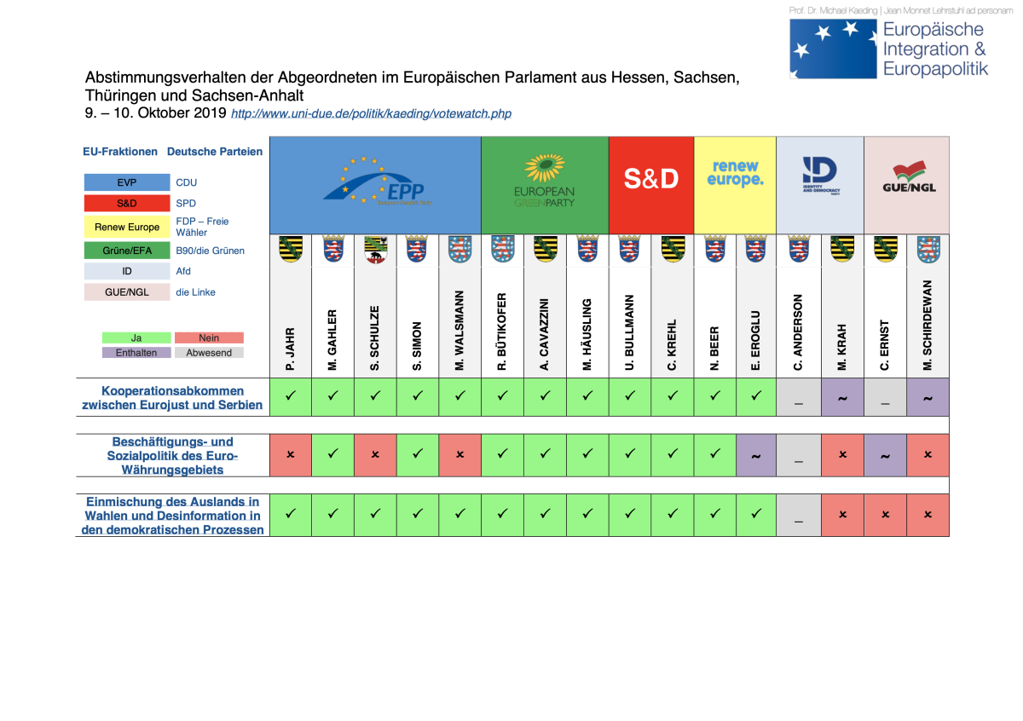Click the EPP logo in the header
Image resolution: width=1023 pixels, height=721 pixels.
tap(375, 184)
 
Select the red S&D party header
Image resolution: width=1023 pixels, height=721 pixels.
tap(651, 180)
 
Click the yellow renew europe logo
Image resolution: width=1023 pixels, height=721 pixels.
tap(735, 173)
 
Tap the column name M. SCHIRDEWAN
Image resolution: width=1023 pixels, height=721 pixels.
tap(928, 325)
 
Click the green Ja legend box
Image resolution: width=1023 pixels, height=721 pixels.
tap(136, 338)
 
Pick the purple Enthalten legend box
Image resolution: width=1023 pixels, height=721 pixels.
tap(136, 352)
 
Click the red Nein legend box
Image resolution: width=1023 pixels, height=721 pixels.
tap(209, 338)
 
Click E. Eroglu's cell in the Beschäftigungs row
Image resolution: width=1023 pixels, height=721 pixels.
tap(754, 456)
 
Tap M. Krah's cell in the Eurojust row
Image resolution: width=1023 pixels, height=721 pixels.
tap(842, 397)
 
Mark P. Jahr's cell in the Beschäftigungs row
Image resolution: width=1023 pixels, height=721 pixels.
tap(291, 456)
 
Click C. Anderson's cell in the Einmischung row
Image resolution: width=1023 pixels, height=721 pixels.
tap(798, 516)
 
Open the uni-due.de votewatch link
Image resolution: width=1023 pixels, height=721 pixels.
tap(371, 113)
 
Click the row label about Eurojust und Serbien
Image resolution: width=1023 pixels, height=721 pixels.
tap(172, 398)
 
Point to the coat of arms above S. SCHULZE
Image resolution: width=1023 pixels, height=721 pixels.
tap(375, 249)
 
